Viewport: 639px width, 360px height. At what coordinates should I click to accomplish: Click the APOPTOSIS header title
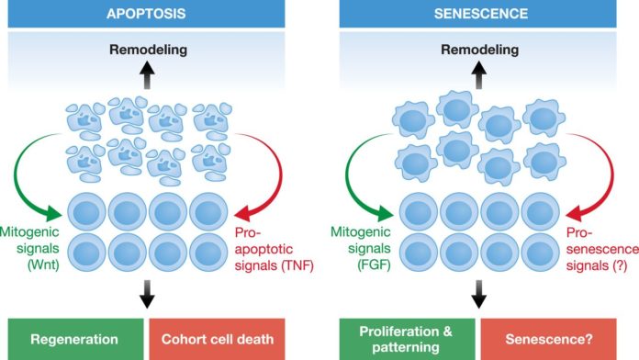146,14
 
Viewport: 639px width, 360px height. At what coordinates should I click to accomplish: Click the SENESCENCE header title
481,14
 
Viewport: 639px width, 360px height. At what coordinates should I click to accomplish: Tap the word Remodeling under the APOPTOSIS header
148,50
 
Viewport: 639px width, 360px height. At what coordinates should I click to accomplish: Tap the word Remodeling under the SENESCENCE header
479,50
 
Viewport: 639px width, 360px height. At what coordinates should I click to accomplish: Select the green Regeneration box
76,339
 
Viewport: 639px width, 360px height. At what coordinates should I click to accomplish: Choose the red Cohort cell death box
218,339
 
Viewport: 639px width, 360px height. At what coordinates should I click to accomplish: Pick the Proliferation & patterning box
407,339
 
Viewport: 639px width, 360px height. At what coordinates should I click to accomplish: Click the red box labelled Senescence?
548,339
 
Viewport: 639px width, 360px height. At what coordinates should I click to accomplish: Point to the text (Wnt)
43,265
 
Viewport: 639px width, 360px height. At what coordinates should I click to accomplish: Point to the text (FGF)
374,265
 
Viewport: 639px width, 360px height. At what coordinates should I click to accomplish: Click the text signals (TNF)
274,265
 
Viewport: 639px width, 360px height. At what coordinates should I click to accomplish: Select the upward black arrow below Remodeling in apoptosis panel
147,75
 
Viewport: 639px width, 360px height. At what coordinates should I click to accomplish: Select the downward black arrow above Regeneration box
147,294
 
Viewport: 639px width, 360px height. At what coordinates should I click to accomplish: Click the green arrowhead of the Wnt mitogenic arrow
53,213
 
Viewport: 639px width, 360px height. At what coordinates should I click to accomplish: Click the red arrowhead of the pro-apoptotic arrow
243,213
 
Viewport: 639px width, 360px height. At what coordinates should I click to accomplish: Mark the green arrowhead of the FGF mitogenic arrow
385,213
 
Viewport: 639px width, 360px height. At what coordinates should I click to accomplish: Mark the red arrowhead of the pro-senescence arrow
575,213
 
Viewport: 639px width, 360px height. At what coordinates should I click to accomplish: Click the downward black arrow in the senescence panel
479,294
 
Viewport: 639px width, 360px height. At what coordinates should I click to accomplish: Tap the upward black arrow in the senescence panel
479,75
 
